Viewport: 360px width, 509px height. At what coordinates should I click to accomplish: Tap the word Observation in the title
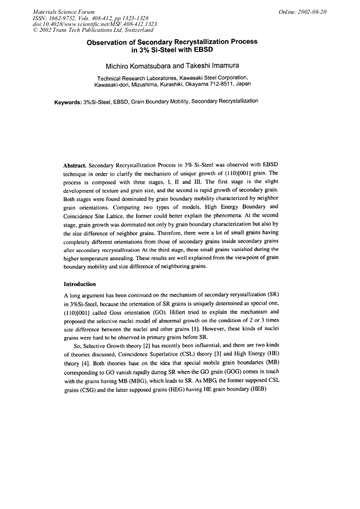pyautogui.click(x=109, y=41)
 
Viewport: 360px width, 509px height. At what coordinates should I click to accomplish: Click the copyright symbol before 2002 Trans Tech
pyautogui.click(x=36, y=30)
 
